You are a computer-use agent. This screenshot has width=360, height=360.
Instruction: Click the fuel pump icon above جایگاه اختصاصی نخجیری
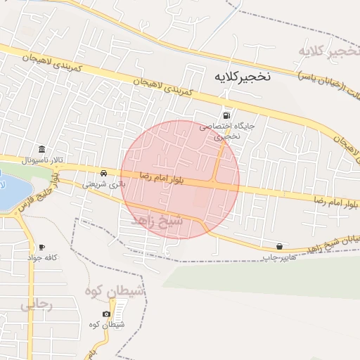(x=225, y=116)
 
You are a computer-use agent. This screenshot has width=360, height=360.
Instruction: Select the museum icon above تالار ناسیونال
(x=42, y=150)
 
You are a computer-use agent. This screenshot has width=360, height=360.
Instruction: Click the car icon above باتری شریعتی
(x=104, y=173)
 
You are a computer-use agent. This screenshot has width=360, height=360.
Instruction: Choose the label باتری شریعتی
(x=103, y=184)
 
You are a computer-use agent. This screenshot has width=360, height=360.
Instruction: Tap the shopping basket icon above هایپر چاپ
(x=280, y=246)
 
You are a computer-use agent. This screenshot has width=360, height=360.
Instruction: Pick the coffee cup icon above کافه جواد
(x=42, y=247)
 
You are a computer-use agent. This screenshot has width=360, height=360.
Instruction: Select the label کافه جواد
(x=42, y=258)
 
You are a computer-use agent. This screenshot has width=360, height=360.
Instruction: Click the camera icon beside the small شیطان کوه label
(x=106, y=314)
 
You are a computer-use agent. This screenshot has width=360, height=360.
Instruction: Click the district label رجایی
(x=36, y=306)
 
